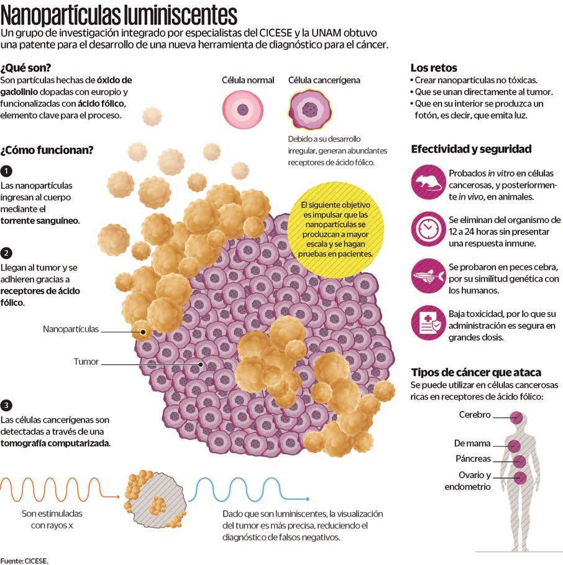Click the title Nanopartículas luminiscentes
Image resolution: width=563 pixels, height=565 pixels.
(118, 14)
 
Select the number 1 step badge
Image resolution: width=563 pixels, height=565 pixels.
(6, 171)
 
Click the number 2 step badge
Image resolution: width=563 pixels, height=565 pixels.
(6, 253)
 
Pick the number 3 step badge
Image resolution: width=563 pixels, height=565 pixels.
(6, 405)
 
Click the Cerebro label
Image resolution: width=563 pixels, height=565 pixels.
(475, 415)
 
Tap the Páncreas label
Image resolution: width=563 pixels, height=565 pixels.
(472, 459)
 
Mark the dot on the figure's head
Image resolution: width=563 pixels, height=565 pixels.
(516, 416)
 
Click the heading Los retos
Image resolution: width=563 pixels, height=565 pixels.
(434, 68)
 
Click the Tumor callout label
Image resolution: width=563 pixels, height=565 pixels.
(86, 361)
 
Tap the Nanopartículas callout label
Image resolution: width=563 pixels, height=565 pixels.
(71, 329)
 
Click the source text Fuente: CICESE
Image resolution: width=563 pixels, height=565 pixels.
(24, 560)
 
